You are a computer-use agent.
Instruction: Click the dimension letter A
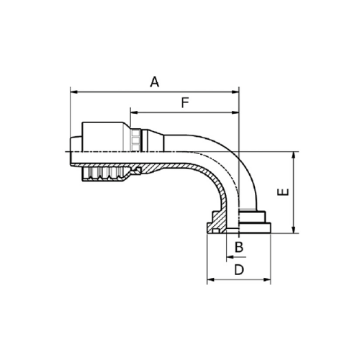[154, 81]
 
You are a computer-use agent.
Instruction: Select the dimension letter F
[184, 103]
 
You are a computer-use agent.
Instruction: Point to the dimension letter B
[240, 247]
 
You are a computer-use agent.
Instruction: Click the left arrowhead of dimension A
[73, 91]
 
